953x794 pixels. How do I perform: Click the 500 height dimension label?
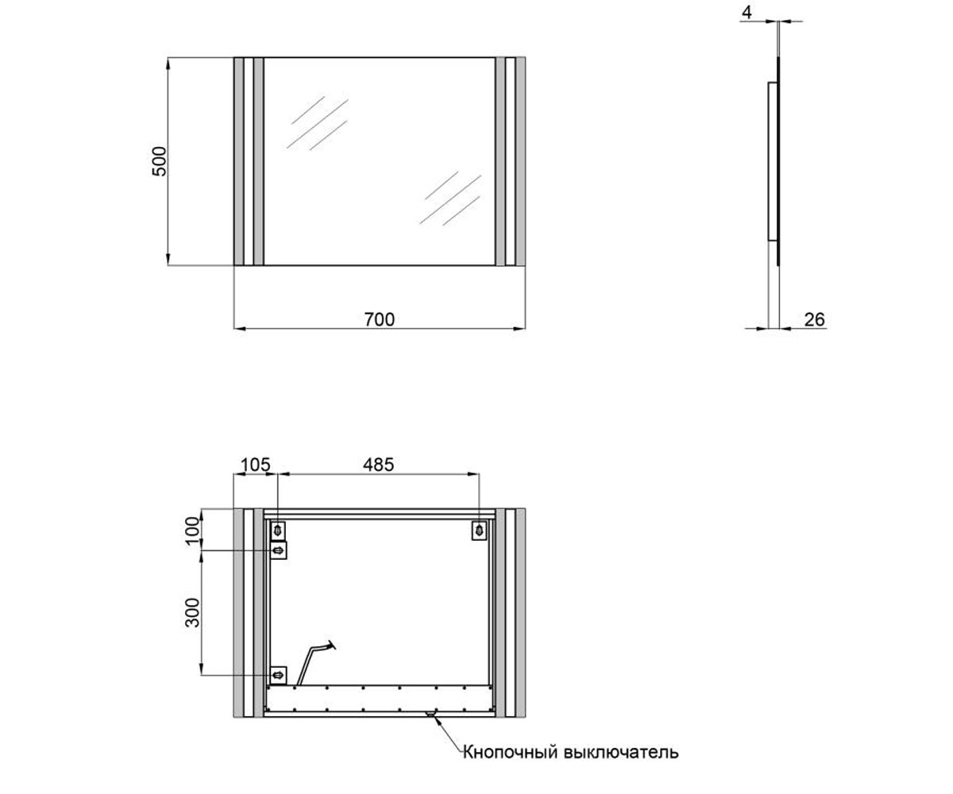(x=160, y=161)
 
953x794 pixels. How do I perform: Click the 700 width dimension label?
(x=380, y=319)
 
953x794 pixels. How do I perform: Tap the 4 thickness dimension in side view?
(x=747, y=13)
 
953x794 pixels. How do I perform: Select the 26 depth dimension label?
(x=814, y=320)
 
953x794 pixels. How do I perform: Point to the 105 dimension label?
(x=255, y=465)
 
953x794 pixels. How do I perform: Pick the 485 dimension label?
(x=378, y=465)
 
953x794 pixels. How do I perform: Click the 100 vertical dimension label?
(x=193, y=530)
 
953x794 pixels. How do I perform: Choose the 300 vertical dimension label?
(x=193, y=613)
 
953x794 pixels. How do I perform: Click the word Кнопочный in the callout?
(x=511, y=752)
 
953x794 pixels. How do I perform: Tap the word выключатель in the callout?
(x=621, y=752)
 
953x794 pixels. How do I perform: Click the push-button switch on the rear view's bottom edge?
(x=430, y=714)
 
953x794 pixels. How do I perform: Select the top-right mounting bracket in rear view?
(x=479, y=530)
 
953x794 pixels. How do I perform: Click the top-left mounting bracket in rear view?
(x=278, y=530)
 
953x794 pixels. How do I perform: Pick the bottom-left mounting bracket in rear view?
(x=278, y=675)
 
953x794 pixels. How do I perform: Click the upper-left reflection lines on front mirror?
(x=318, y=122)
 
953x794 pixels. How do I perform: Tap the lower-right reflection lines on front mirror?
(x=450, y=198)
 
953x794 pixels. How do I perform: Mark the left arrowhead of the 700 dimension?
(x=240, y=328)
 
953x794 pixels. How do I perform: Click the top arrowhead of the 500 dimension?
(x=168, y=64)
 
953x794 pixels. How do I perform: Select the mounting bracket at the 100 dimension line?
(x=278, y=551)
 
